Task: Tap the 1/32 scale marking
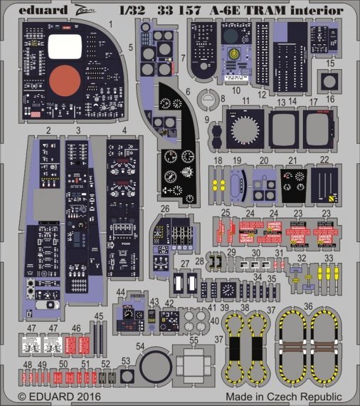pyautogui.click(x=151, y=11)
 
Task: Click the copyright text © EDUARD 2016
pyautogui.click(x=60, y=395)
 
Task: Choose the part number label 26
pyautogui.click(x=164, y=209)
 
